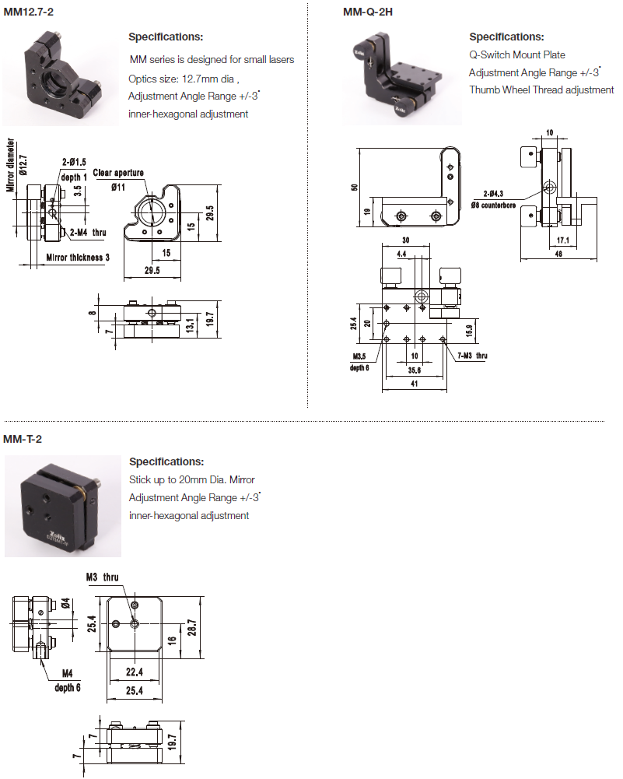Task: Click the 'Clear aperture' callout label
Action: click(118, 173)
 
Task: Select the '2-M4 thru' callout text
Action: click(87, 232)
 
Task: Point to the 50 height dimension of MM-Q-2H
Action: click(355, 187)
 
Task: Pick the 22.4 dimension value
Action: click(135, 672)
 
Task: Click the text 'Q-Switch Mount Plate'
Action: click(517, 55)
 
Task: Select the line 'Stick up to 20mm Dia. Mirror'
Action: click(191, 479)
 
